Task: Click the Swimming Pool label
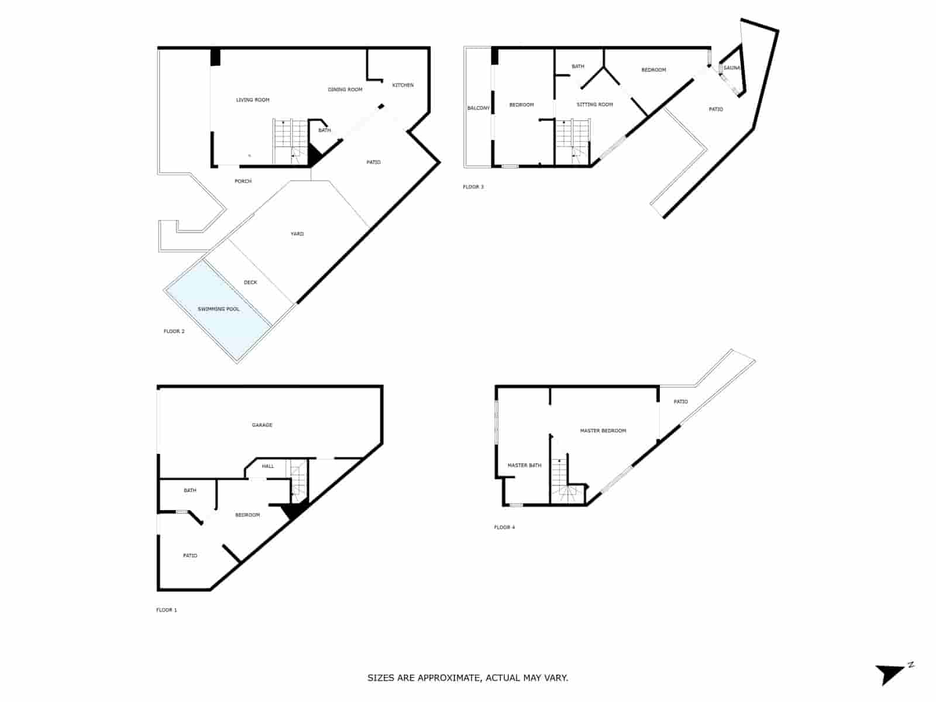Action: pos(218,309)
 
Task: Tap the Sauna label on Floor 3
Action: pos(731,68)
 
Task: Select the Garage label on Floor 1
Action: pos(262,425)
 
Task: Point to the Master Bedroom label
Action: pos(603,431)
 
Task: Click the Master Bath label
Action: pos(524,466)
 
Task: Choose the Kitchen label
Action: pos(402,85)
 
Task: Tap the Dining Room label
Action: pos(345,90)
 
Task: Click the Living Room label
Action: pos(253,100)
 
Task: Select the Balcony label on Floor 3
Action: pos(478,108)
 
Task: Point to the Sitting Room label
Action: pos(594,105)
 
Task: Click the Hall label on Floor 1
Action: pos(268,466)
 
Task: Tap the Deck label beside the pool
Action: pos(250,283)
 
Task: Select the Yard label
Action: pos(297,234)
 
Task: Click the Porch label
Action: pos(243,181)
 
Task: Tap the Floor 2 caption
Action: pos(174,332)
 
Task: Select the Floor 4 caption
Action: pos(504,528)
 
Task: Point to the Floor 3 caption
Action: pos(473,187)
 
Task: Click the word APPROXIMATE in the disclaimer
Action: pos(448,679)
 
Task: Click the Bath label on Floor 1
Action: pos(190,491)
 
